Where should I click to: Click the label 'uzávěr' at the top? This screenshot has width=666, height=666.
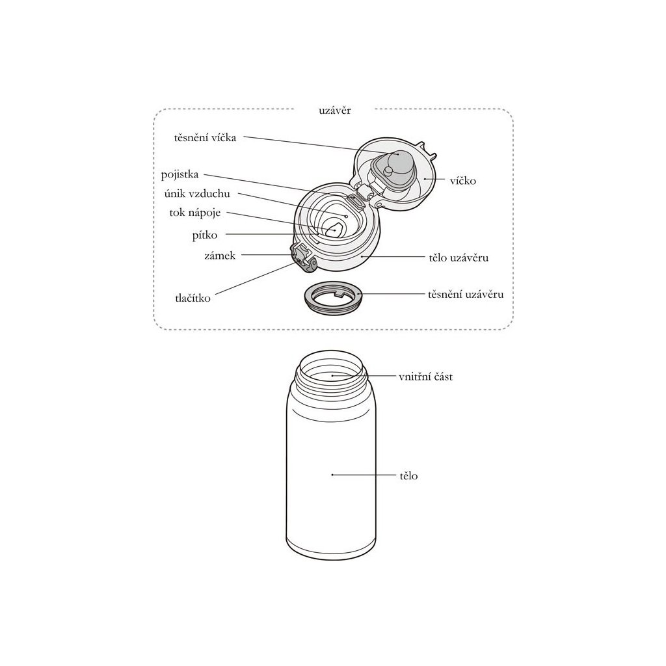pos(335,111)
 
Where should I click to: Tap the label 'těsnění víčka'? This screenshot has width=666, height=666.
pos(205,138)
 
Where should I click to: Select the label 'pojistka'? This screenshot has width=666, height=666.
pos(180,175)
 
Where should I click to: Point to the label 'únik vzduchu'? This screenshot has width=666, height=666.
pos(197,194)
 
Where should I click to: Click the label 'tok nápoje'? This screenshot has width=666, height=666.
pos(195,213)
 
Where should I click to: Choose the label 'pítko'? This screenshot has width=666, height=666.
pos(205,235)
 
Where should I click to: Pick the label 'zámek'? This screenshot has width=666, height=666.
pos(220,256)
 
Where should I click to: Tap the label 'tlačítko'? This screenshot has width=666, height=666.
pos(193,298)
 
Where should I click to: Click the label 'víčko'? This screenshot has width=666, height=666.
pos(463,181)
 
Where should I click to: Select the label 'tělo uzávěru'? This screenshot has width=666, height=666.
pos(459,258)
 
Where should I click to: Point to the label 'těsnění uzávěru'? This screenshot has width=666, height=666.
pos(466,295)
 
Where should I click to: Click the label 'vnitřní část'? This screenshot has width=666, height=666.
pos(425,377)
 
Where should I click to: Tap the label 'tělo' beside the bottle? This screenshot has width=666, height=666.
pos(408,475)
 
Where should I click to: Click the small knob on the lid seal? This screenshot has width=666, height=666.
pos(388,171)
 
